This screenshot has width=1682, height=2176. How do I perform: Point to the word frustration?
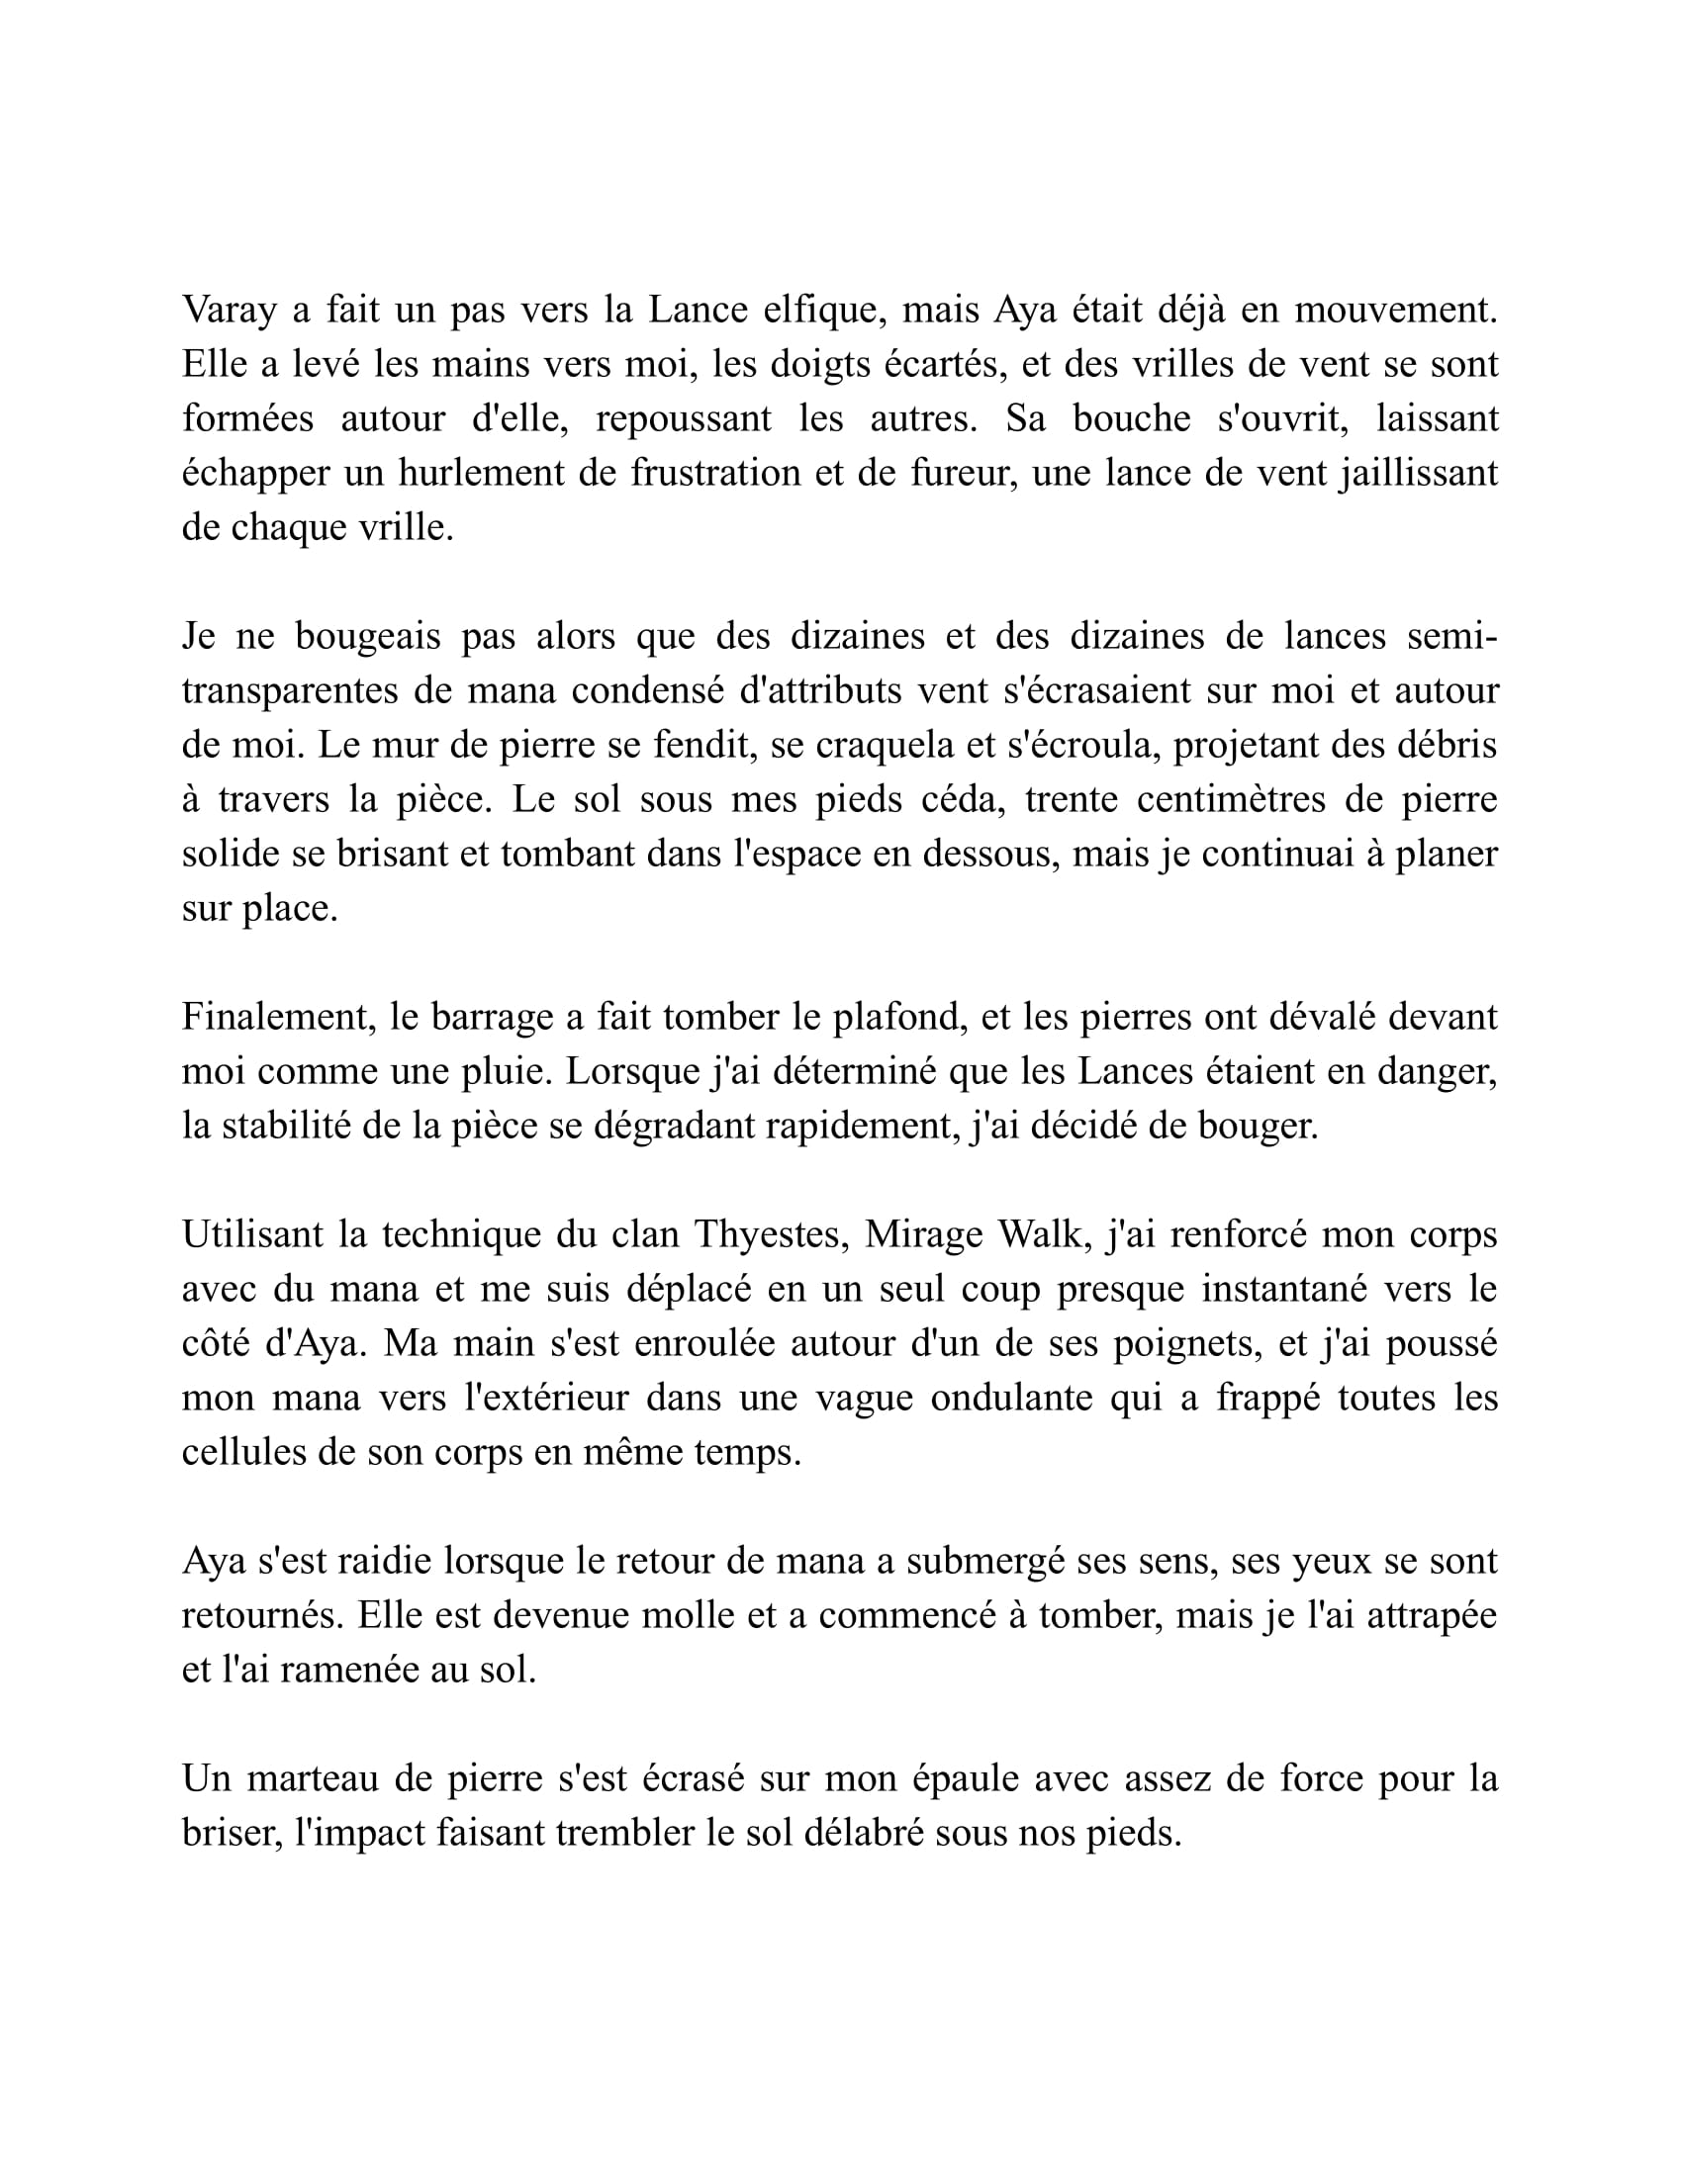pos(716,473)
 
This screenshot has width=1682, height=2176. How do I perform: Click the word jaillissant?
pos(1418,473)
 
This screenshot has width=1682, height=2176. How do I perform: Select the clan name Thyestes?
pos(767,1234)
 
